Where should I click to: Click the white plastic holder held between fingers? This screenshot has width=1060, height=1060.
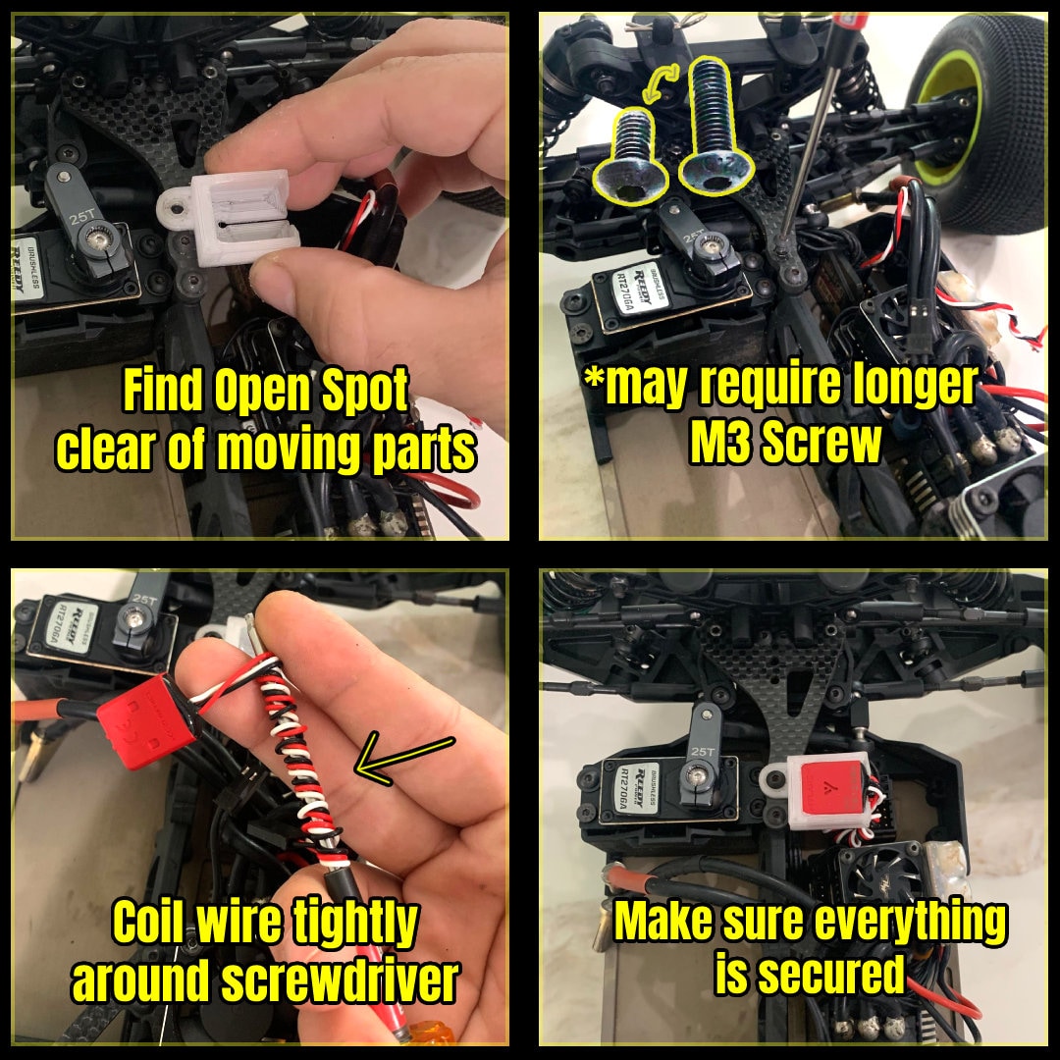click(240, 217)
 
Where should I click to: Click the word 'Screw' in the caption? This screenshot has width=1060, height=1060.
click(833, 445)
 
